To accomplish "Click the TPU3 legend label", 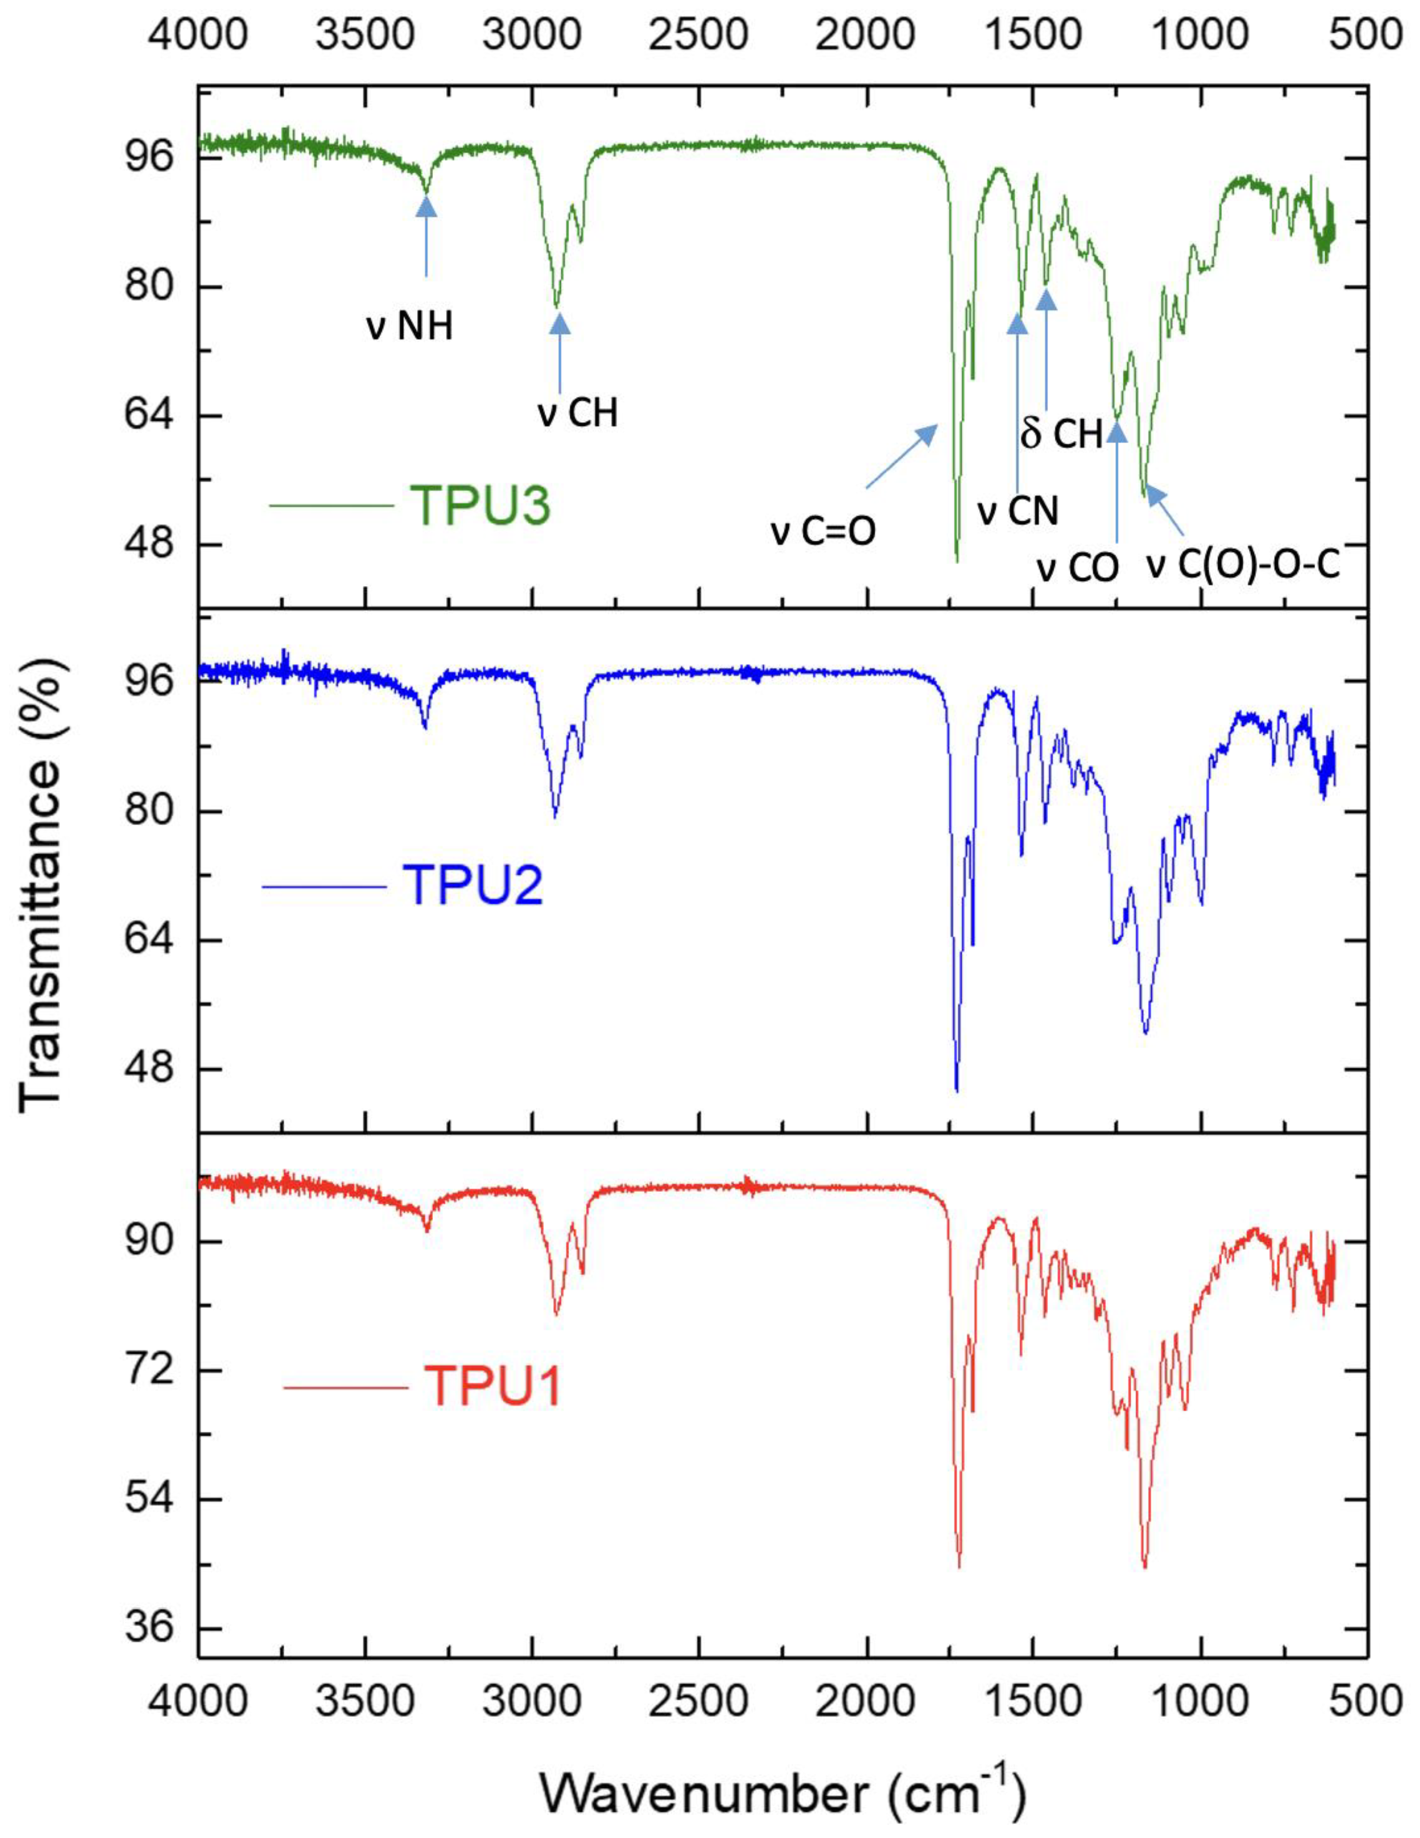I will pyautogui.click(x=479, y=505).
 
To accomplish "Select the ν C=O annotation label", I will pyautogui.click(x=824, y=532).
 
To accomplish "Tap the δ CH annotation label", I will pyautogui.click(x=1062, y=434).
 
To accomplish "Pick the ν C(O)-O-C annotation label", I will pyautogui.click(x=1243, y=566).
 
